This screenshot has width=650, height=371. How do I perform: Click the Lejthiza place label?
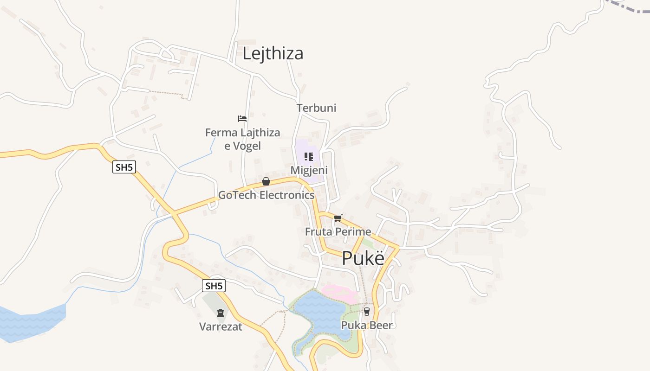pos(273,53)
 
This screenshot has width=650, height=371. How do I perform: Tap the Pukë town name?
pos(364,258)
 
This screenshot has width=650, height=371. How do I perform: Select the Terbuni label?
pos(317,108)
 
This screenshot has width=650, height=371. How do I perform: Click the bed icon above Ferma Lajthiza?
pos(242,119)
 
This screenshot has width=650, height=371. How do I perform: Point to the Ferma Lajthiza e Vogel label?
pos(242,139)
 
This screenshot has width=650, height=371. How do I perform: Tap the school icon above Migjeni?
pos(309,157)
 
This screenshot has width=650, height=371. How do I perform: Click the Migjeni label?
pos(309,170)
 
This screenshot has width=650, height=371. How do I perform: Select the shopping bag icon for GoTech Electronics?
pos(266,181)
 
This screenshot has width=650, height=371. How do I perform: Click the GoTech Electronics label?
pos(266,195)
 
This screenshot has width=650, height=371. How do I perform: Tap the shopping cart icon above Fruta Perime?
pos(338,218)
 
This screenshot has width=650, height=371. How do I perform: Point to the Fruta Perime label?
pos(338,231)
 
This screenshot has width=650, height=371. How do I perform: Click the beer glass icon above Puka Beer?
pos(367,312)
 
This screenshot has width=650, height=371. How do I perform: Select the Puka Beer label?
pos(367,325)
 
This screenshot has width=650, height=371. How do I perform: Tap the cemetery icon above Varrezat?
pos(221,313)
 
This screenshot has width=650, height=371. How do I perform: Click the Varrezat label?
pos(221,326)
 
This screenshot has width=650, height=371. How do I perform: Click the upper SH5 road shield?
pos(124,167)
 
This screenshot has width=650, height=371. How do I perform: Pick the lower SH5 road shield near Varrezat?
pos(214,286)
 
